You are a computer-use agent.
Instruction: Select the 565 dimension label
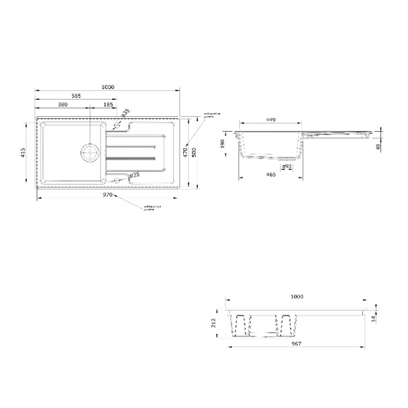(x=75, y=95)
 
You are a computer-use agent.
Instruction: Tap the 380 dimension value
(x=63, y=105)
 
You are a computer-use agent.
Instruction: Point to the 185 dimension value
(x=108, y=105)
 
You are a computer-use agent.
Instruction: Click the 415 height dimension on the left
(x=23, y=152)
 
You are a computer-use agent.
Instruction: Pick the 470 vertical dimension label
(x=185, y=152)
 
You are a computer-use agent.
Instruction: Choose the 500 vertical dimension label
(x=194, y=152)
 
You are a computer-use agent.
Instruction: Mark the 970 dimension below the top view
(x=107, y=195)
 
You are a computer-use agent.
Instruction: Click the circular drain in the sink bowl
(x=89, y=152)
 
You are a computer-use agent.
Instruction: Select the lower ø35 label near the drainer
(x=134, y=175)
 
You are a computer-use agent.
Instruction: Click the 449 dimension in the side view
(x=271, y=120)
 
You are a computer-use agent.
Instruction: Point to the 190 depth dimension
(x=223, y=144)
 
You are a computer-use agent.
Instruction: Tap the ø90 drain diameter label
(x=286, y=166)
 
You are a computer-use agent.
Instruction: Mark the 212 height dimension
(x=214, y=323)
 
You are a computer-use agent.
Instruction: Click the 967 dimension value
(x=296, y=344)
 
